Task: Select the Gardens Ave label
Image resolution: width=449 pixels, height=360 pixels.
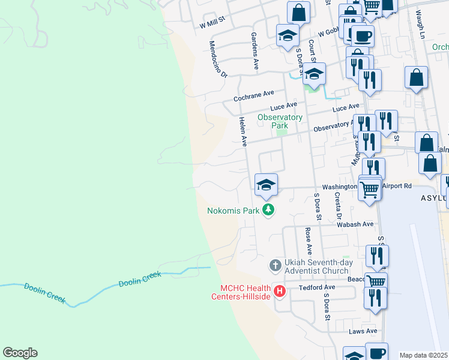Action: coord(255,51)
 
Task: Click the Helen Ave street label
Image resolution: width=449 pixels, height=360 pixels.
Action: coord(243,132)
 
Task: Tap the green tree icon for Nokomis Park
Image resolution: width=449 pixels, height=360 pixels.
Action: coord(270,210)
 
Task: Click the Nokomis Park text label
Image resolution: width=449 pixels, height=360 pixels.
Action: coord(233,211)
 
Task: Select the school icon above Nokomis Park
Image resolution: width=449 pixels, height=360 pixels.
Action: coord(266,185)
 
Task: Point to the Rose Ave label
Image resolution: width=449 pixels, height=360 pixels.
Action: coord(309,240)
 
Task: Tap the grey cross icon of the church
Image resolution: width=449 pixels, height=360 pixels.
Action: coord(275,265)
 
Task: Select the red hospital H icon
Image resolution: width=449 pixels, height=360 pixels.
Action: coord(279,292)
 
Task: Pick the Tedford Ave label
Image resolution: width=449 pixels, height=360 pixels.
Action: coord(317,287)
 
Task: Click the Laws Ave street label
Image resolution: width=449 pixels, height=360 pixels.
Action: coord(363,331)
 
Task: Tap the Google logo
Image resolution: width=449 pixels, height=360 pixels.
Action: coord(20,353)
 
